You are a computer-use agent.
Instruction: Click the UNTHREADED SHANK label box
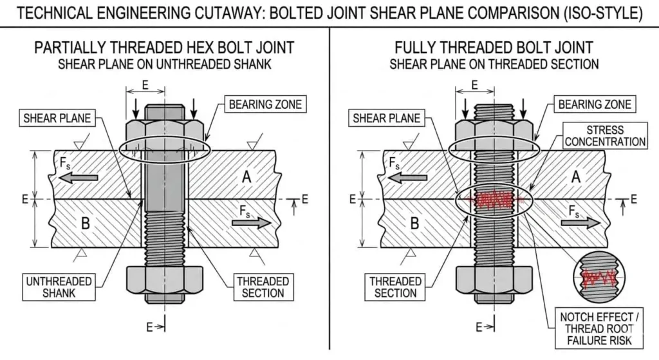59,287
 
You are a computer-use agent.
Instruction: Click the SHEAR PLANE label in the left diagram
57,118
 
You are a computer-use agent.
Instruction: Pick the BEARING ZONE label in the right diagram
595,104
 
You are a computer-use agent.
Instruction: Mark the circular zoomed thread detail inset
597,278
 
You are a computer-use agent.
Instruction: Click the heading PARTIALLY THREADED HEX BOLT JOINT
164,48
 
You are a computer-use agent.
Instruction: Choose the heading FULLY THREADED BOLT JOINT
494,48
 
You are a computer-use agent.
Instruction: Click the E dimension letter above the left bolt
145,84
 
